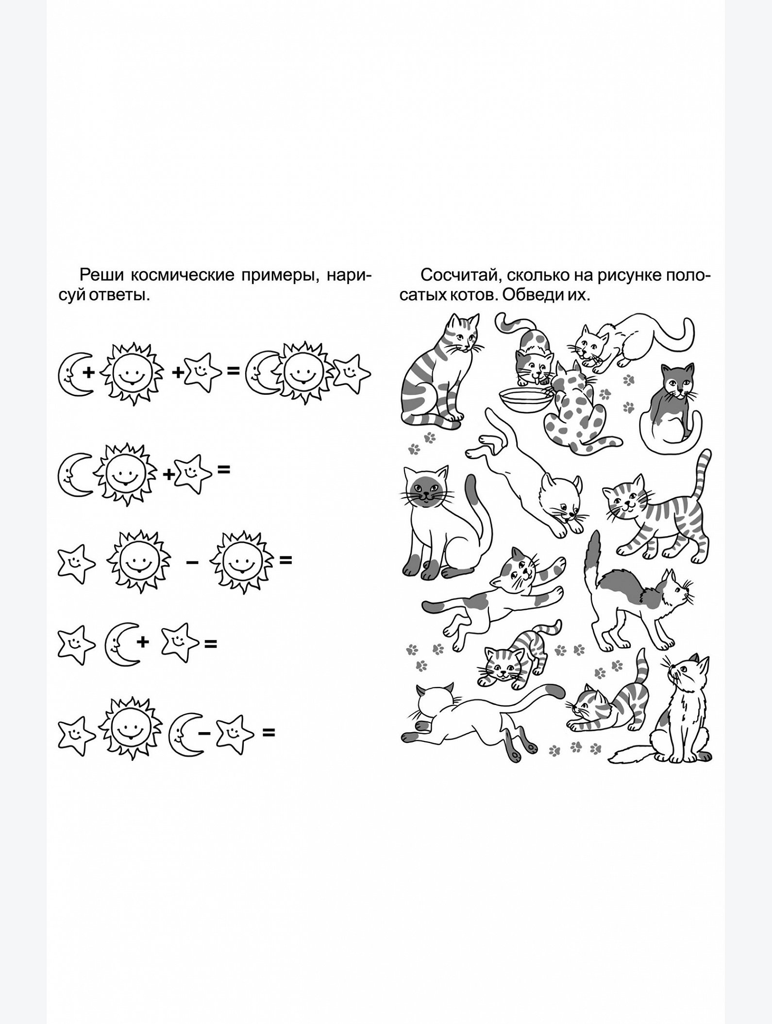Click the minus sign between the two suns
pyautogui.click(x=192, y=561)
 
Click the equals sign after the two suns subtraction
pyautogui.click(x=285, y=560)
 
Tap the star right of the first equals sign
pyautogui.click(x=351, y=373)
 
